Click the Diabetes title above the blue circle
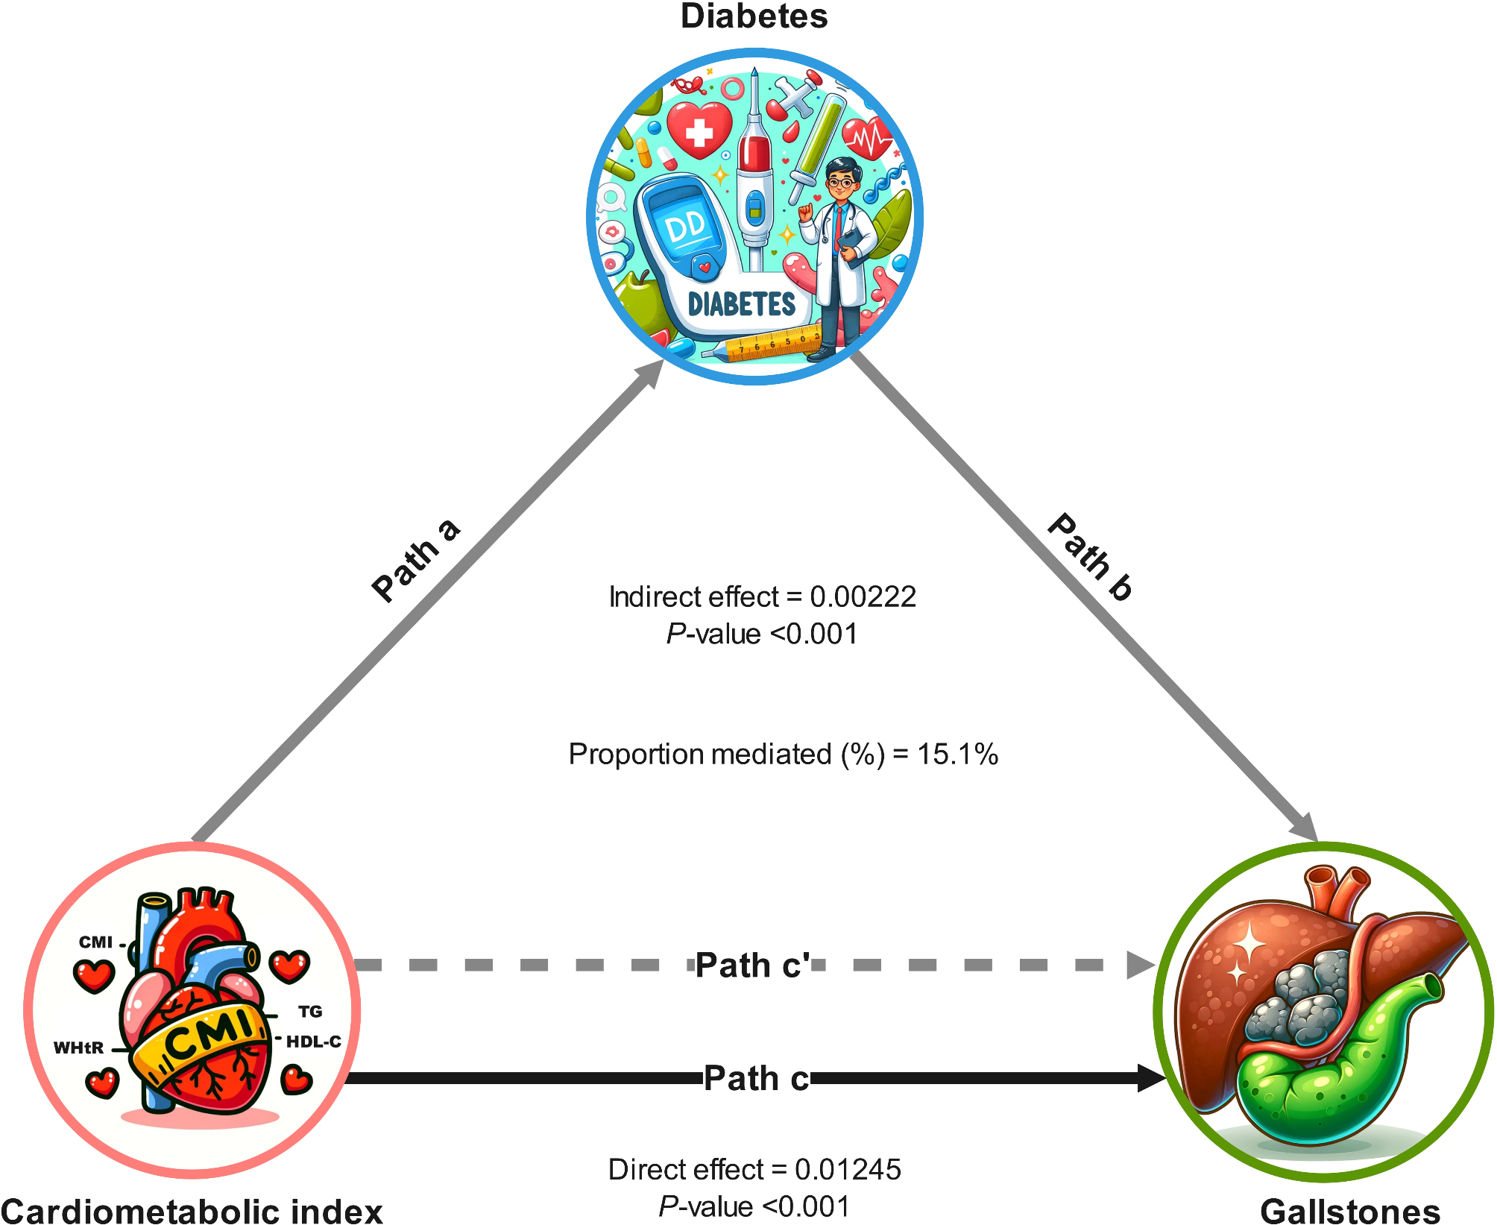(x=754, y=16)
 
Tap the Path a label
(x=415, y=560)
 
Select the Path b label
(x=1091, y=557)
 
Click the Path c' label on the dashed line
(x=752, y=966)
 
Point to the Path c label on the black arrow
(x=756, y=1078)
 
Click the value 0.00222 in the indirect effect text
(x=863, y=597)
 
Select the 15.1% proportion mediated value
(x=957, y=755)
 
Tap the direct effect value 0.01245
(x=848, y=1170)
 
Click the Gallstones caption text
(x=1350, y=1211)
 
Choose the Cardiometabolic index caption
(x=192, y=1211)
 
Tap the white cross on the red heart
(x=699, y=133)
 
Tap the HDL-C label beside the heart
(x=314, y=1042)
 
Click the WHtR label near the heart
(x=78, y=1048)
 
